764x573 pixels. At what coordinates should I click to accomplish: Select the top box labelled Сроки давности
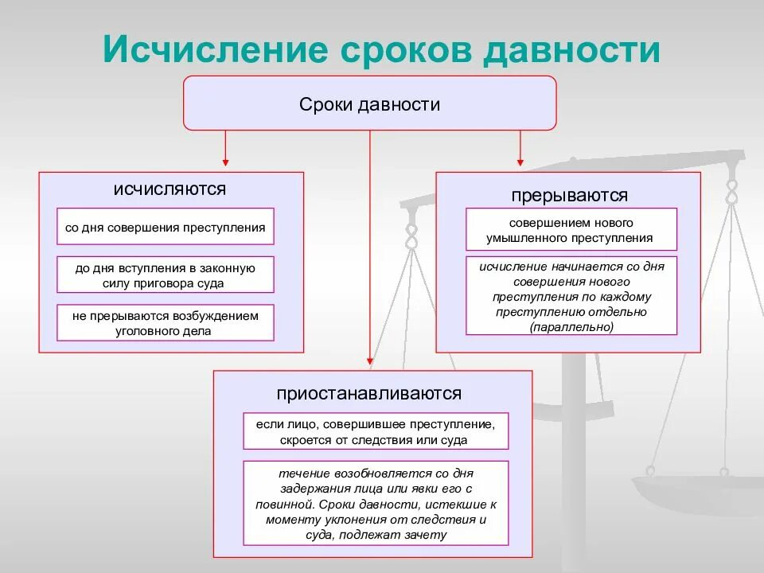click(x=370, y=103)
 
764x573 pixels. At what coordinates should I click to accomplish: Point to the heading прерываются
click(x=570, y=195)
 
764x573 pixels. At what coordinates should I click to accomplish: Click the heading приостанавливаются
click(x=369, y=393)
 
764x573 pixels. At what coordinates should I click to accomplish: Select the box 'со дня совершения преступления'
click(x=166, y=227)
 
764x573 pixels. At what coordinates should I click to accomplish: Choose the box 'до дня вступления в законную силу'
click(x=166, y=275)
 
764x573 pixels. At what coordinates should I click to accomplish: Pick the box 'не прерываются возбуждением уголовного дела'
click(x=166, y=322)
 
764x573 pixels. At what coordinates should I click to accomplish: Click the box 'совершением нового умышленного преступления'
click(x=571, y=230)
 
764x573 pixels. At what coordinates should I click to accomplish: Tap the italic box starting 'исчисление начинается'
click(x=571, y=296)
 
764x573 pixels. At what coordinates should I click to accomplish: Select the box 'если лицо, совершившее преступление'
click(x=376, y=431)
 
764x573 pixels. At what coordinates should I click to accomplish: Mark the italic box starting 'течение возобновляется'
click(x=376, y=503)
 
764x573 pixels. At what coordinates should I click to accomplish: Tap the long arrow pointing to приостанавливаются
click(x=370, y=247)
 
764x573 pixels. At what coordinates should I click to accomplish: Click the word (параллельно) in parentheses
click(x=571, y=326)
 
